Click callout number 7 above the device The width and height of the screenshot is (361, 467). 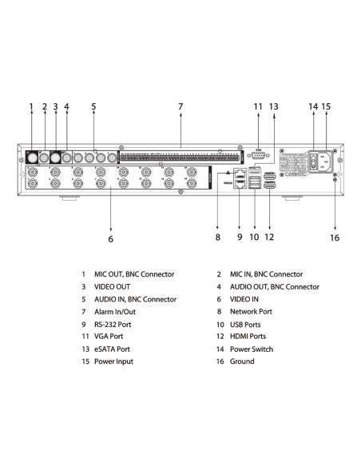click(180, 106)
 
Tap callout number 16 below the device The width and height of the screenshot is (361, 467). click(335, 237)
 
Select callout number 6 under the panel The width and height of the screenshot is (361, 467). click(111, 239)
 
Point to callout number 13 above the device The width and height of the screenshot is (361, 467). click(274, 106)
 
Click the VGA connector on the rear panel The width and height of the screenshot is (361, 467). click(258, 155)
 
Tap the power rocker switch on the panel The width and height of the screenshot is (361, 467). click(314, 161)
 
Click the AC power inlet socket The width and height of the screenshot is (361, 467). click(325, 162)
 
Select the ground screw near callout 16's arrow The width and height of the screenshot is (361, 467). click(335, 180)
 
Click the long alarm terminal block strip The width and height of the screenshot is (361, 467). click(180, 157)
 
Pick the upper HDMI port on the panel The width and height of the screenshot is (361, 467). click(270, 177)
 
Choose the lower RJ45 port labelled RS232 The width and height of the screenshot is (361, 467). click(240, 185)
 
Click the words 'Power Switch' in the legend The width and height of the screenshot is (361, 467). click(252, 349)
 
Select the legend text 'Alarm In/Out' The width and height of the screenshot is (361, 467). click(115, 312)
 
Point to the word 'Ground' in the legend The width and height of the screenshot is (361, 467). click(242, 361)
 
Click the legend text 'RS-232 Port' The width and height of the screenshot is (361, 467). click(113, 325)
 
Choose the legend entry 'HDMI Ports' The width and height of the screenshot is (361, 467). click(248, 336)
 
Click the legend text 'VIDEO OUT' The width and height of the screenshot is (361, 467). click(112, 287)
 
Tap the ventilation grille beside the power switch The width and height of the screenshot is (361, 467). click(293, 162)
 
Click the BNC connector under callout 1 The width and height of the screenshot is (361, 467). click(32, 157)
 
